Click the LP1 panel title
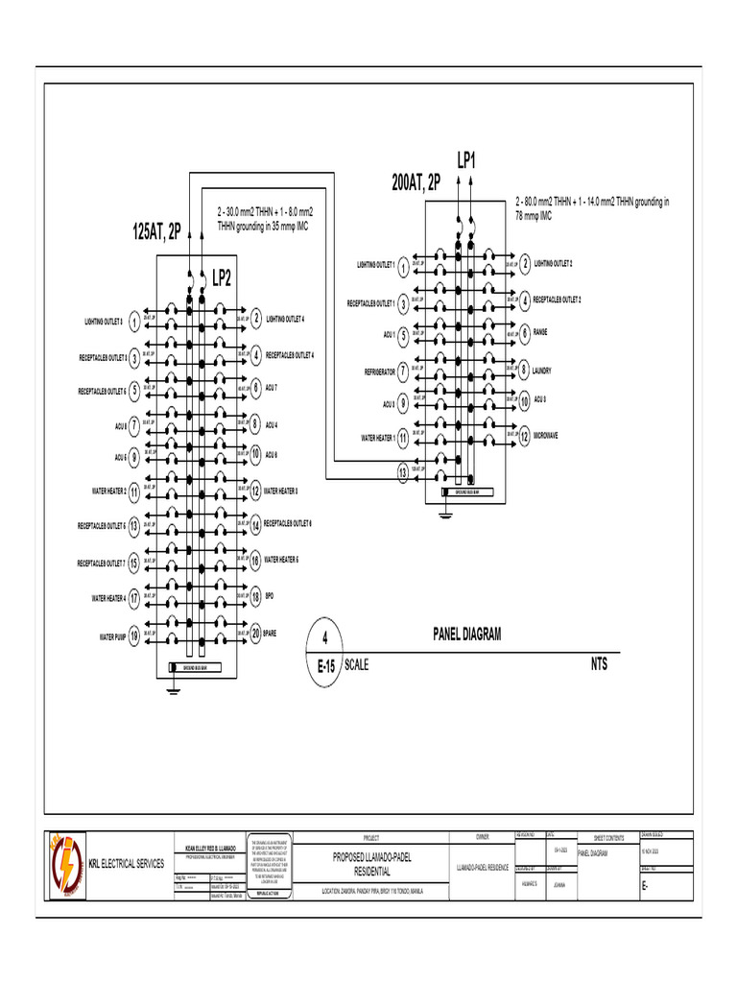coord(467,160)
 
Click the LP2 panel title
coord(221,278)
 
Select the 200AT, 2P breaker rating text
coord(416,182)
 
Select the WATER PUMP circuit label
coord(112,636)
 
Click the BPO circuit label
coord(270,597)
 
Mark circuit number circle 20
coord(255,634)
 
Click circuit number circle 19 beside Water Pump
coord(133,635)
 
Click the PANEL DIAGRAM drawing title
coord(467,633)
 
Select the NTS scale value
coord(599,663)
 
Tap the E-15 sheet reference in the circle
coord(325,673)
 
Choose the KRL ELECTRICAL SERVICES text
coord(127,865)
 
